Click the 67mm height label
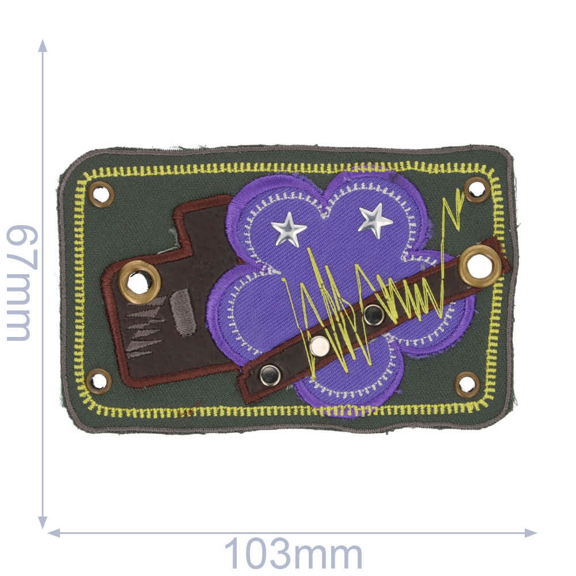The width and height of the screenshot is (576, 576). pyautogui.click(x=22, y=283)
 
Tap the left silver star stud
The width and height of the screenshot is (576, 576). pyautogui.click(x=289, y=229)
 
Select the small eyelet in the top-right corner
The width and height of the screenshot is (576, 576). pyautogui.click(x=477, y=190)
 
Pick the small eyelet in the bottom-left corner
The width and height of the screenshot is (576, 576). pyautogui.click(x=99, y=381)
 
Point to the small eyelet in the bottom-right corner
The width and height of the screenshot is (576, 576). pyautogui.click(x=468, y=384)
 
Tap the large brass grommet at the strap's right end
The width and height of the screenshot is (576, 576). pyautogui.click(x=480, y=266)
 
